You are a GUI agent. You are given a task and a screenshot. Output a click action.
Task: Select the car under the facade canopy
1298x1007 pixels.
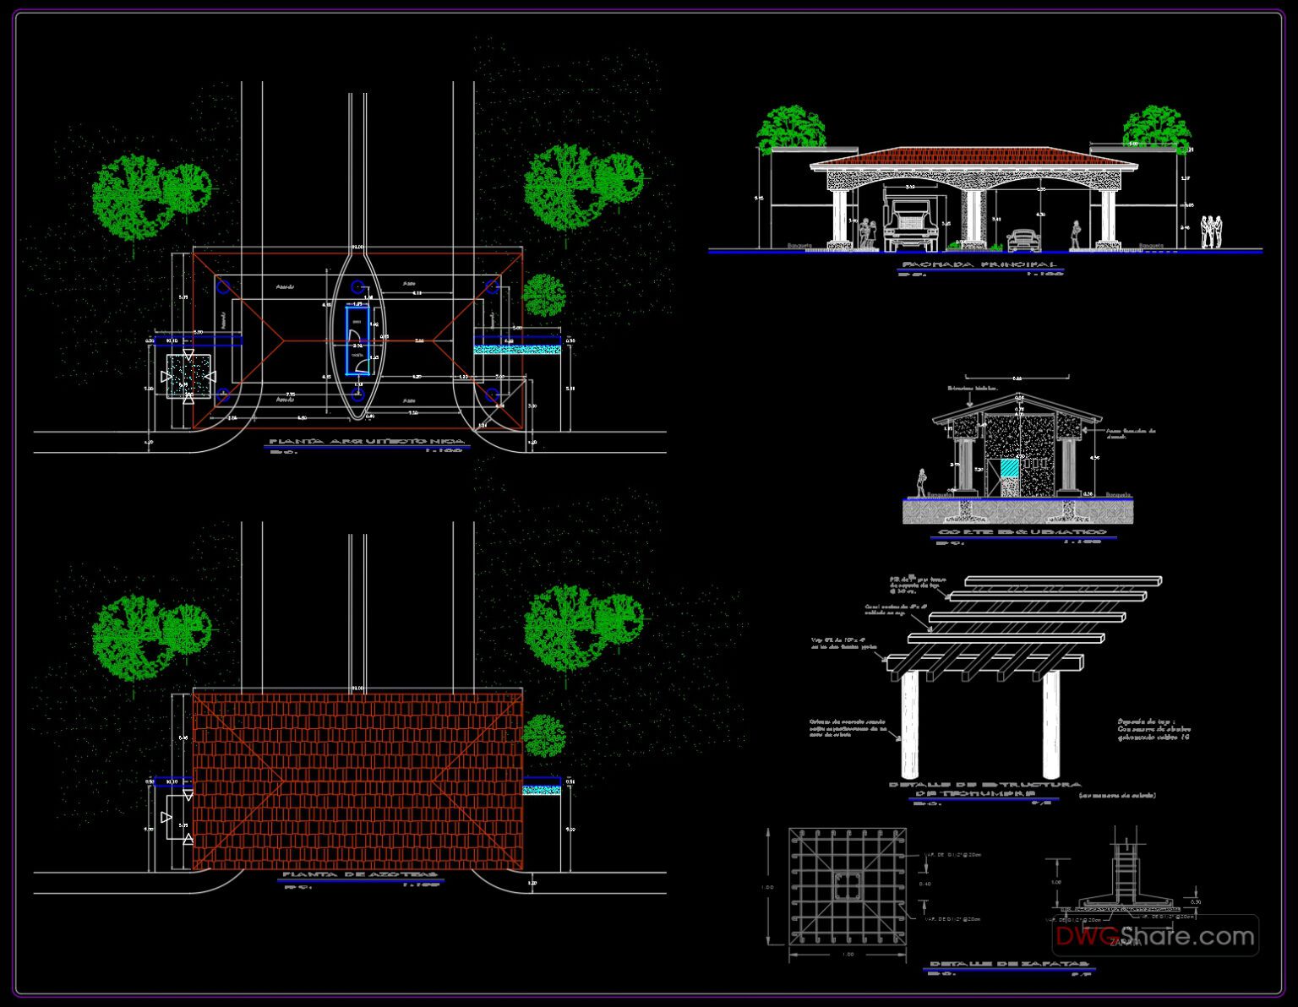pyautogui.click(x=1023, y=239)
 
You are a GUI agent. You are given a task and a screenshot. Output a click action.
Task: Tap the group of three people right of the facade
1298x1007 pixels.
pyautogui.click(x=1213, y=232)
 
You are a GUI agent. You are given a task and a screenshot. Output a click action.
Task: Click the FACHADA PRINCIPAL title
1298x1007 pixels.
pyautogui.click(x=979, y=265)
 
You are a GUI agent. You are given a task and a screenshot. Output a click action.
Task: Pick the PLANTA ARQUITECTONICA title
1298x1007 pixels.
pyautogui.click(x=366, y=442)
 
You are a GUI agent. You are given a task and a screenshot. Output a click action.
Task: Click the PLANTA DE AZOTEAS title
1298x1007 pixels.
pyautogui.click(x=360, y=875)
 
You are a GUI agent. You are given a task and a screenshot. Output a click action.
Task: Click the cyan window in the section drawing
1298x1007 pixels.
pyautogui.click(x=1011, y=470)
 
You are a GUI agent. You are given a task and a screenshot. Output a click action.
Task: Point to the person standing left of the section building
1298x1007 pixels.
pyautogui.click(x=920, y=483)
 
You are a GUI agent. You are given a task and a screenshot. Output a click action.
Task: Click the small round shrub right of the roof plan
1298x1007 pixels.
pyautogui.click(x=544, y=736)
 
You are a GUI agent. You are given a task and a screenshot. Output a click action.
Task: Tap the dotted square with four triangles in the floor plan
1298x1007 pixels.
pyautogui.click(x=188, y=376)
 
